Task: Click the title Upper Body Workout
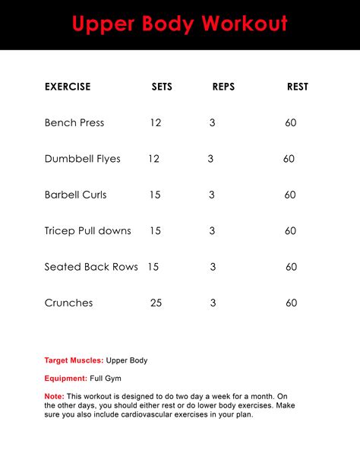pos(180,24)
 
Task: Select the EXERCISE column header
pos(68,87)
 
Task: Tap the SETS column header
pos(162,87)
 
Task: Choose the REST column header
pos(298,87)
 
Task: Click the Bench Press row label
pos(74,122)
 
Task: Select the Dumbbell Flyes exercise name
pos(82,159)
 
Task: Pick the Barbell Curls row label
pos(76,195)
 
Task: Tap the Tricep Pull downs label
pos(88,230)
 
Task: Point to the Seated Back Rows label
pos(91,267)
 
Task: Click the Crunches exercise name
pos(69,303)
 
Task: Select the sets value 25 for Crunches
pos(156,303)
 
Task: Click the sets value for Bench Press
pos(156,122)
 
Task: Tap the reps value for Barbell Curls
pos(212,195)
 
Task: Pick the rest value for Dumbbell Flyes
pos(289,159)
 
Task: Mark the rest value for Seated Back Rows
pos(291,267)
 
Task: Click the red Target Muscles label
pos(74,360)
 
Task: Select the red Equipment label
pos(66,378)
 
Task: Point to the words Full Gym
pos(106,378)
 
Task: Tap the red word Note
pos(54,396)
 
